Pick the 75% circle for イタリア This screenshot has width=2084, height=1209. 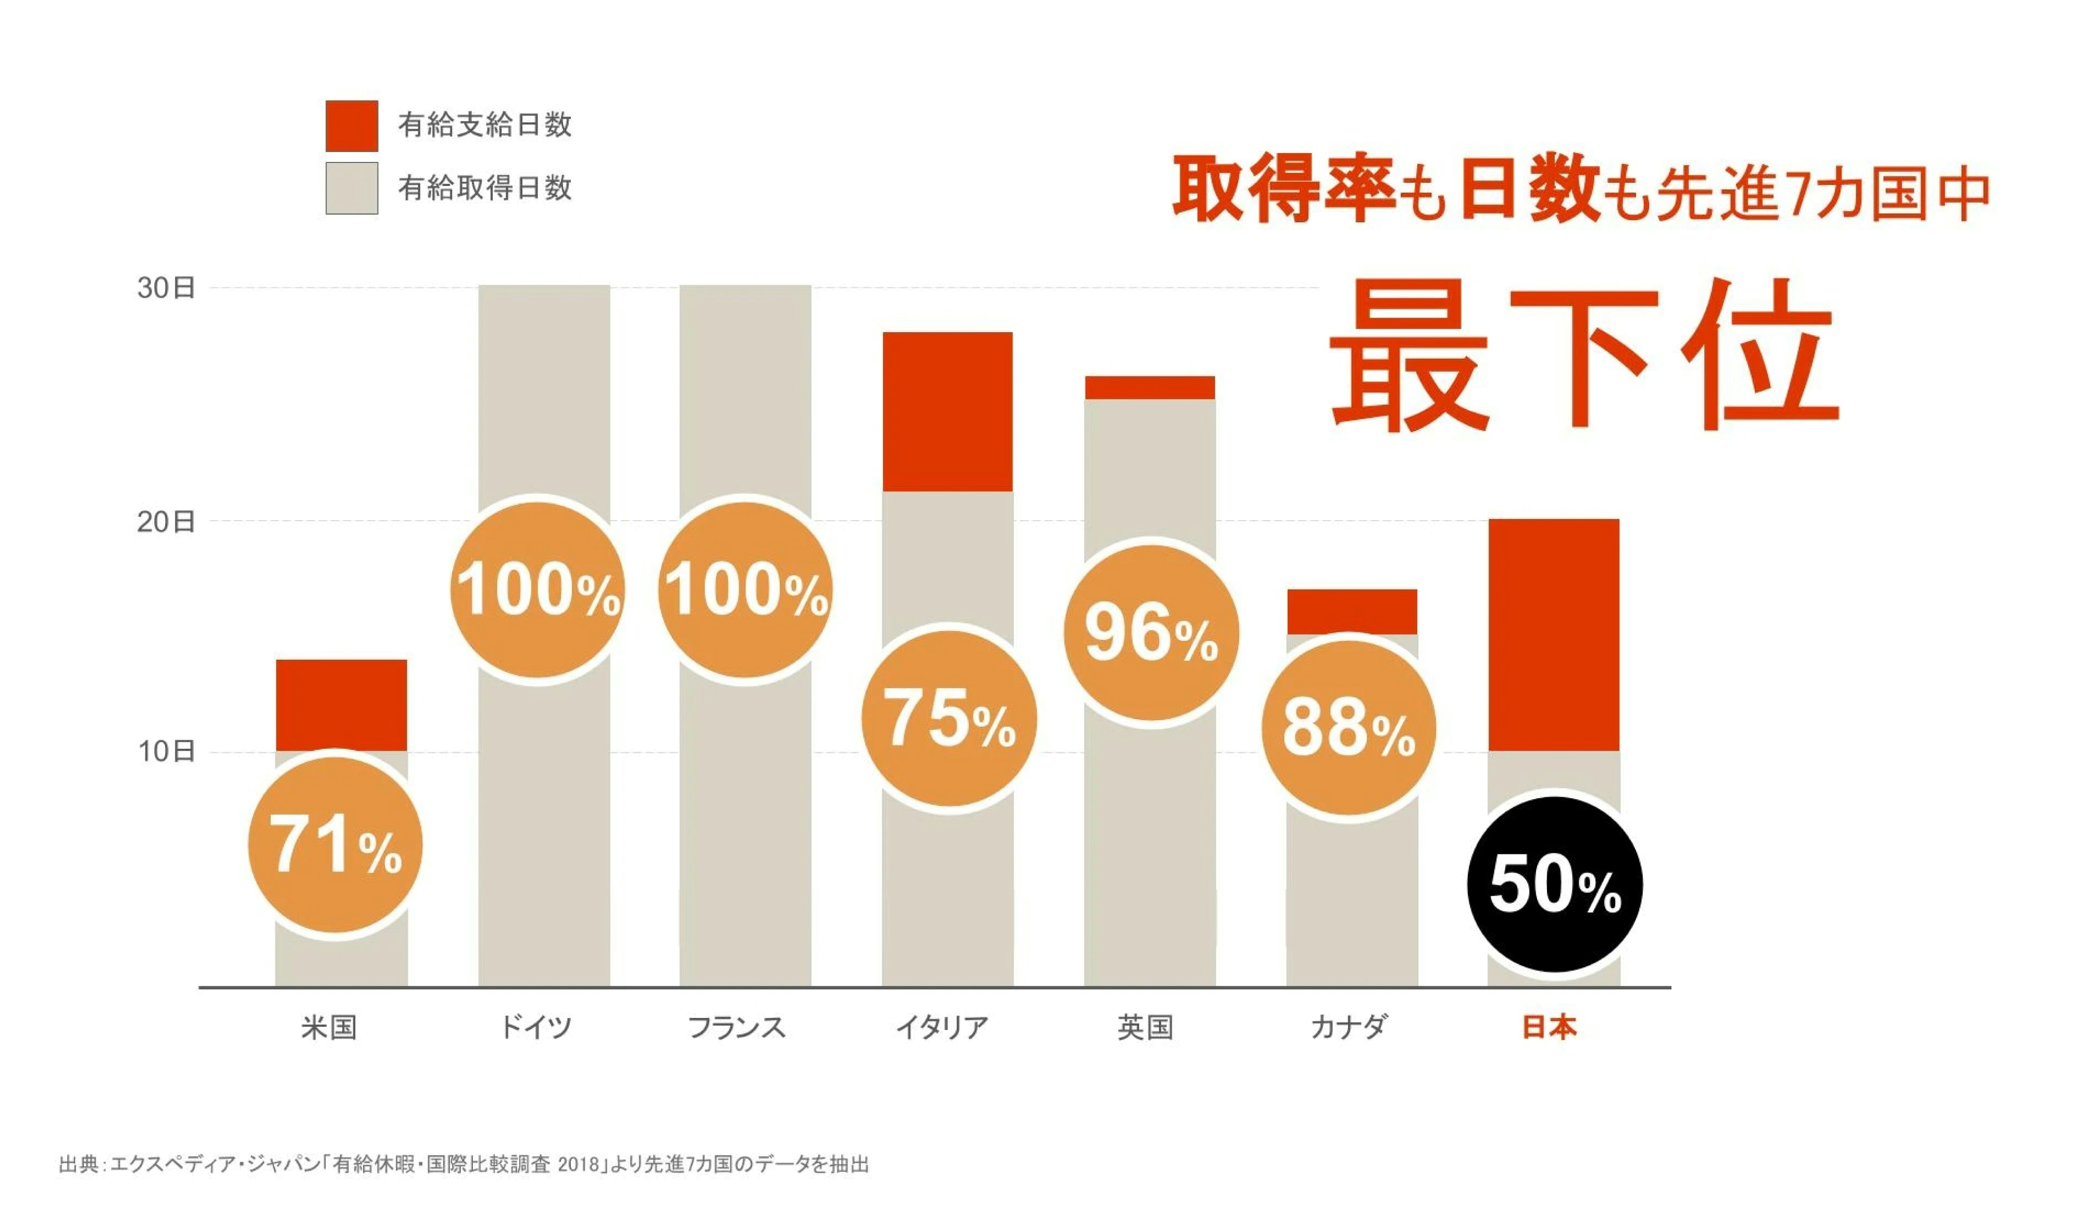tap(949, 718)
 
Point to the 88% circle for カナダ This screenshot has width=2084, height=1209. tap(1348, 728)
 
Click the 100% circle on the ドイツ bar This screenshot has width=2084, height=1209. tap(538, 589)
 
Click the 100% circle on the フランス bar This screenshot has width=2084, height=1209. tap(745, 589)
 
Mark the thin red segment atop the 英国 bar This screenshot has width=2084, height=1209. tap(1150, 387)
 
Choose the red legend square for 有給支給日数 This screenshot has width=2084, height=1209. tap(352, 125)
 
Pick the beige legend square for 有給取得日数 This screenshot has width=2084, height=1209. tap(352, 188)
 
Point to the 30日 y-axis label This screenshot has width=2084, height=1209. tap(166, 288)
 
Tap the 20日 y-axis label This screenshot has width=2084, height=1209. tap(166, 522)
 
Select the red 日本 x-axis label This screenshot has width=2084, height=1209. tap(1549, 1027)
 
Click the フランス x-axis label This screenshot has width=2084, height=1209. tap(736, 1027)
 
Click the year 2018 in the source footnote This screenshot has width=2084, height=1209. tap(578, 1164)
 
